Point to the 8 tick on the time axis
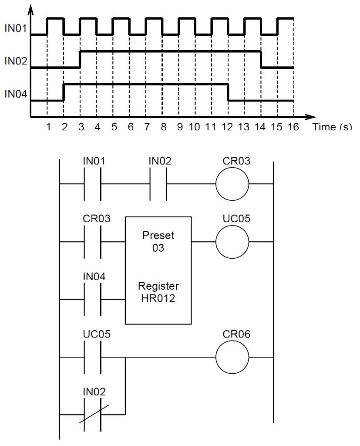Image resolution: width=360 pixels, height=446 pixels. (163, 127)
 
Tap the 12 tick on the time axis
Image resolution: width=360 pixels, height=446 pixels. (227, 127)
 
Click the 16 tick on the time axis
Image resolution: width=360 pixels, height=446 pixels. (293, 127)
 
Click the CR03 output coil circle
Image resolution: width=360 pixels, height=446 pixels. (232, 184)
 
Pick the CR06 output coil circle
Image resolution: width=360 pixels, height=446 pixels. (232, 358)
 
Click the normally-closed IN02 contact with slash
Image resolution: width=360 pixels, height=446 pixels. (92, 414)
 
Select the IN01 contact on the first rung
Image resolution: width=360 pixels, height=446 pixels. (92, 184)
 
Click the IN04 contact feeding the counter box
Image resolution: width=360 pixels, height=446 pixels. (92, 300)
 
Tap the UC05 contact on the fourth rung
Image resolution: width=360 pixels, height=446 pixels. (92, 358)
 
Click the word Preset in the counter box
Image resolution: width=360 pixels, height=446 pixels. (158, 235)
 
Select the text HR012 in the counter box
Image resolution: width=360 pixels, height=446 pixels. (158, 299)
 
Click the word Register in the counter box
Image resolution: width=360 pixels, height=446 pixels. (158, 287)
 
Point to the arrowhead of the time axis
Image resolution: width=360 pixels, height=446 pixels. (310, 117)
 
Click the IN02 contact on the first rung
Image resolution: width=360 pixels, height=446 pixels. (158, 184)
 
